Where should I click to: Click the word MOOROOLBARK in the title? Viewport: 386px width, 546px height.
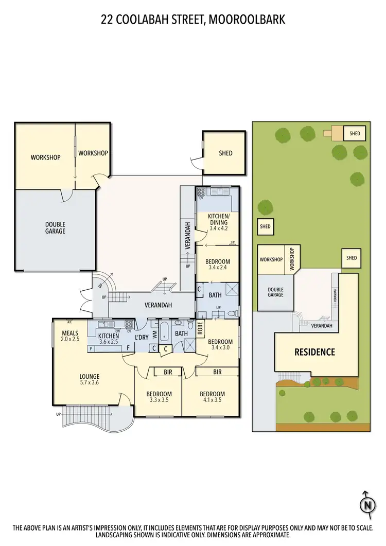[248, 20]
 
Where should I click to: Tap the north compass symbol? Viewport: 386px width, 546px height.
[367, 505]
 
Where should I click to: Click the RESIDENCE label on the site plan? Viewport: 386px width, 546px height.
[314, 353]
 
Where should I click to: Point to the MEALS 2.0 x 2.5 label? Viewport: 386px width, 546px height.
[70, 328]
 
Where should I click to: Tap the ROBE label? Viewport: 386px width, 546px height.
[200, 328]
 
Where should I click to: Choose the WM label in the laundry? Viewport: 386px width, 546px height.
[154, 334]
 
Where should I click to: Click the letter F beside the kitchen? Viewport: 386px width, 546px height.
[128, 348]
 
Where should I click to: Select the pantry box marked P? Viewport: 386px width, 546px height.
[91, 348]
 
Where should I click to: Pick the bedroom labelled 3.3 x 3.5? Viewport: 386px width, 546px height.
[160, 397]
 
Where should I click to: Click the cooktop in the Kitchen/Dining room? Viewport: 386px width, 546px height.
[201, 193]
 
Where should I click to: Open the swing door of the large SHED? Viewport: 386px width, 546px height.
[196, 163]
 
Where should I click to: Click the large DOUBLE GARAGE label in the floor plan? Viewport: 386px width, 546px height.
[55, 228]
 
